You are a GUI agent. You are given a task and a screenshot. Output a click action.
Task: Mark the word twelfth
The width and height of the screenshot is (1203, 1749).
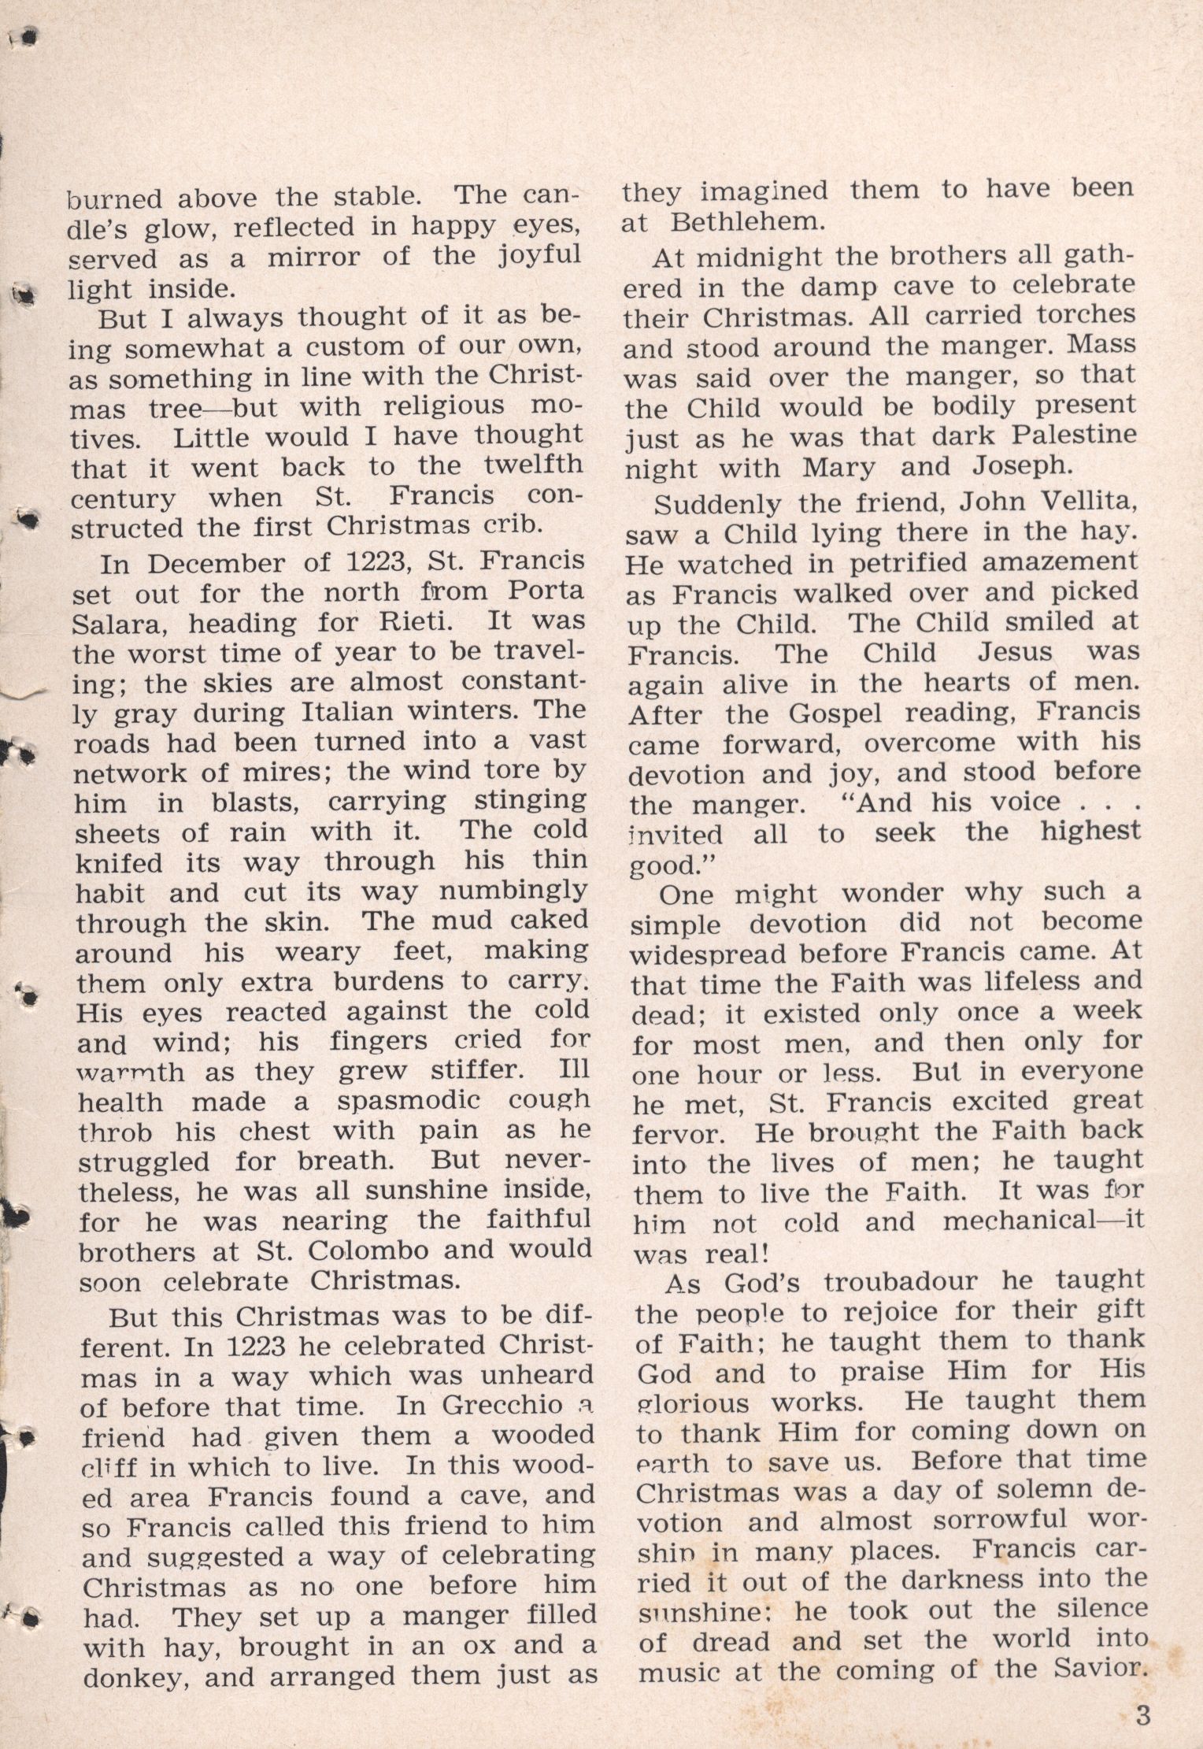pos(535,466)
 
